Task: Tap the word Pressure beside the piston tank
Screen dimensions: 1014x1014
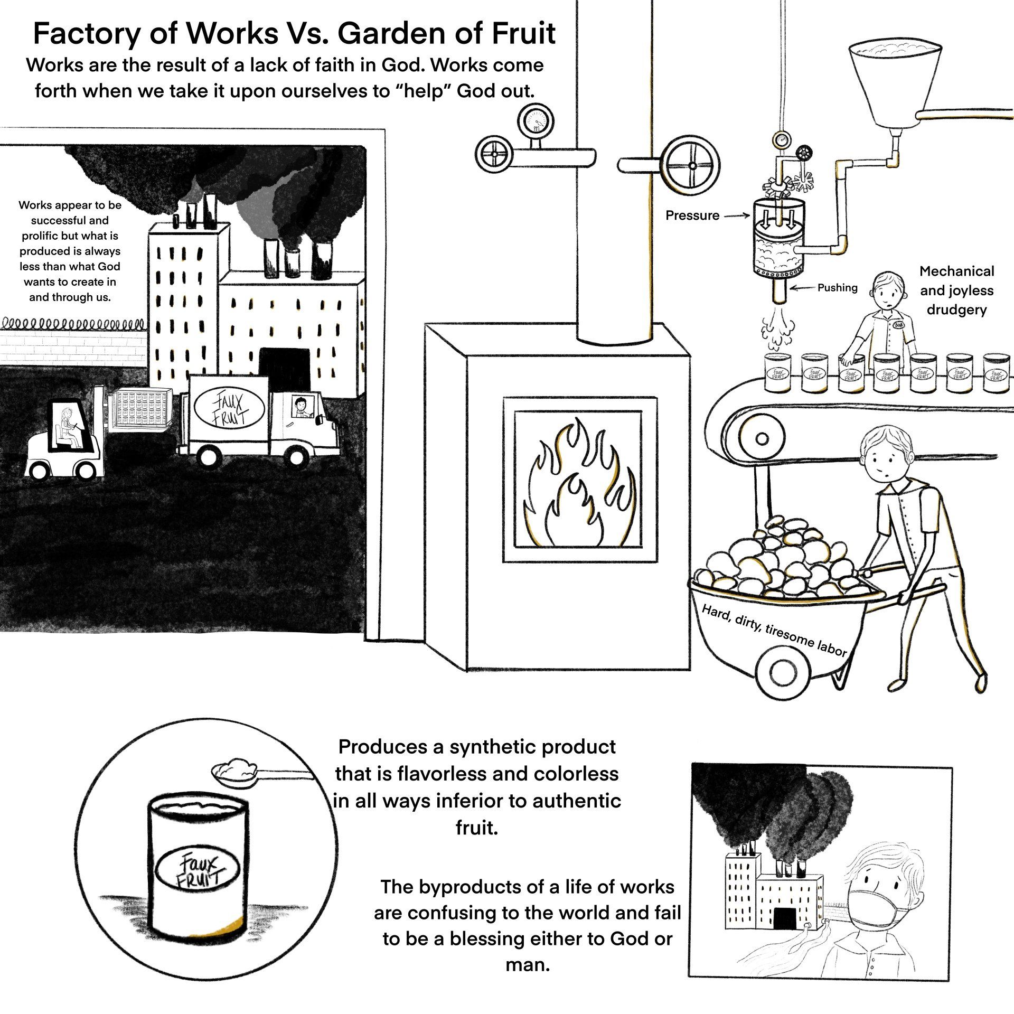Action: coord(692,215)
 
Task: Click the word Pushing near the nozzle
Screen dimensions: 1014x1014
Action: coord(837,288)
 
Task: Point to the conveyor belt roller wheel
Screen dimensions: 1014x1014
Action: coord(762,438)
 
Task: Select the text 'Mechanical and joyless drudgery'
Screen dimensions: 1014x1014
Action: coord(956,290)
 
